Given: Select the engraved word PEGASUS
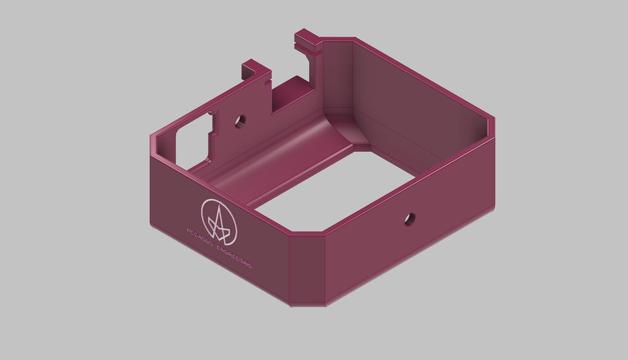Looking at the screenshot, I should pos(200,236).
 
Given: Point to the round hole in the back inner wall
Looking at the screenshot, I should pos(240,120).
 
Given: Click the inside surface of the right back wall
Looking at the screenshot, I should pos(419,105).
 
